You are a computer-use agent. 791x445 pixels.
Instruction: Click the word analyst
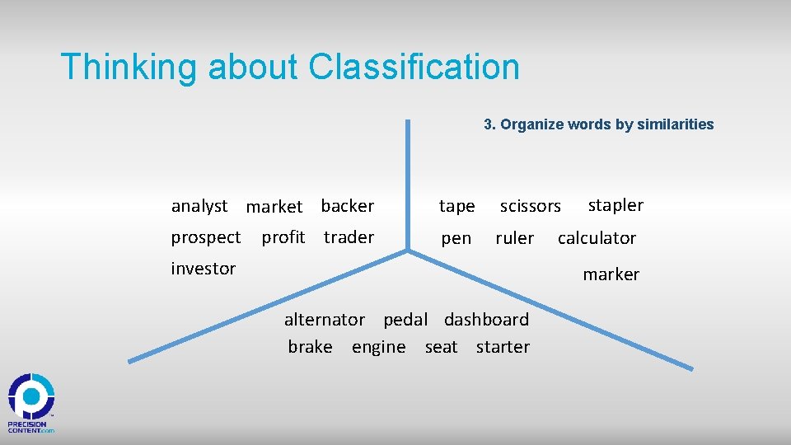199,206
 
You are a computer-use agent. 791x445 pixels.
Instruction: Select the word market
274,207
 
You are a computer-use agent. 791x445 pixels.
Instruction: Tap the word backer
347,206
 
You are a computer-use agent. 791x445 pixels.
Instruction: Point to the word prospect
206,238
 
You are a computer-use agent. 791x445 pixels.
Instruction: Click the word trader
349,237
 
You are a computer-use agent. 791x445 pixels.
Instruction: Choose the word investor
204,269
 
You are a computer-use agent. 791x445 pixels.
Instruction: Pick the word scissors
530,207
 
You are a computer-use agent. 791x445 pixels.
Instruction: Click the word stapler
615,205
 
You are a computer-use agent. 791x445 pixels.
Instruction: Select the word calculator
597,238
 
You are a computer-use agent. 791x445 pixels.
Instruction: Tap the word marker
611,274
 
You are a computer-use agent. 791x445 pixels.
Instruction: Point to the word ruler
514,238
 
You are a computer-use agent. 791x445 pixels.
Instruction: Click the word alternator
324,319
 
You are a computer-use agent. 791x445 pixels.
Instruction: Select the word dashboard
486,319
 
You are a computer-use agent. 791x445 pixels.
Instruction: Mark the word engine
378,348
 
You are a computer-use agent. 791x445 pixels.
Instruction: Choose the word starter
503,347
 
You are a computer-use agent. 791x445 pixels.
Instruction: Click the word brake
310,347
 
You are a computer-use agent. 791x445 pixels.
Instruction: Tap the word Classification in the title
414,67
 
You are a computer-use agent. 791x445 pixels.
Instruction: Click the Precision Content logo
31,403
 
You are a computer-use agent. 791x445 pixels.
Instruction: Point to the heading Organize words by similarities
598,124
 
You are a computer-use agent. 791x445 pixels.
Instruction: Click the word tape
456,206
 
